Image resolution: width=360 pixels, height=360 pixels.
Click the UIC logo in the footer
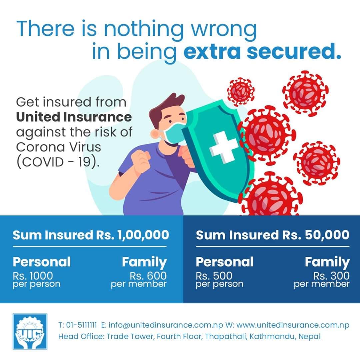point(30,331)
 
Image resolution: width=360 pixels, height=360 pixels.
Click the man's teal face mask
point(175,133)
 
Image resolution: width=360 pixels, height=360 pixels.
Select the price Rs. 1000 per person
point(37,279)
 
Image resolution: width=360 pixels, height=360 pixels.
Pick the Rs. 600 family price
point(139,279)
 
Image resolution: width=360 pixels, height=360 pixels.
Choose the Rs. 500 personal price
point(219,279)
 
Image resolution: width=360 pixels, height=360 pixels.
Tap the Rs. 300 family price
point(322,279)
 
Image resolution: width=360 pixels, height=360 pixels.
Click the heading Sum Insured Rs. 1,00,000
point(91,235)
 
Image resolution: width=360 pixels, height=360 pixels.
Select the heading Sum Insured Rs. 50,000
point(273,235)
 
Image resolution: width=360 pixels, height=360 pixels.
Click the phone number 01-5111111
point(81,325)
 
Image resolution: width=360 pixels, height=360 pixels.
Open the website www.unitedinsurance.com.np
point(293,325)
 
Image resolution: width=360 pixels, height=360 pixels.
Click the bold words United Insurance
point(74,117)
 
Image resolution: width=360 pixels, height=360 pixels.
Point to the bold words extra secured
point(262,51)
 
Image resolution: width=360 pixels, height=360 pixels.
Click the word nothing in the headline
point(143,29)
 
